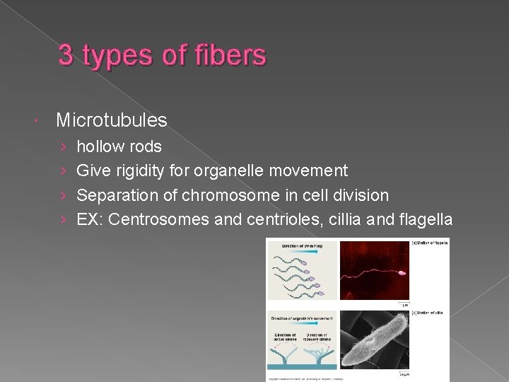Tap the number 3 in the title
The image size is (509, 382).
click(66, 54)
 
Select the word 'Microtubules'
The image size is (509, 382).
click(112, 120)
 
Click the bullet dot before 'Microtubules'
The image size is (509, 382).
click(40, 121)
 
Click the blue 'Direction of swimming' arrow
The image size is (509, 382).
click(302, 246)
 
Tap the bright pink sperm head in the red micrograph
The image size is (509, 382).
click(402, 272)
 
